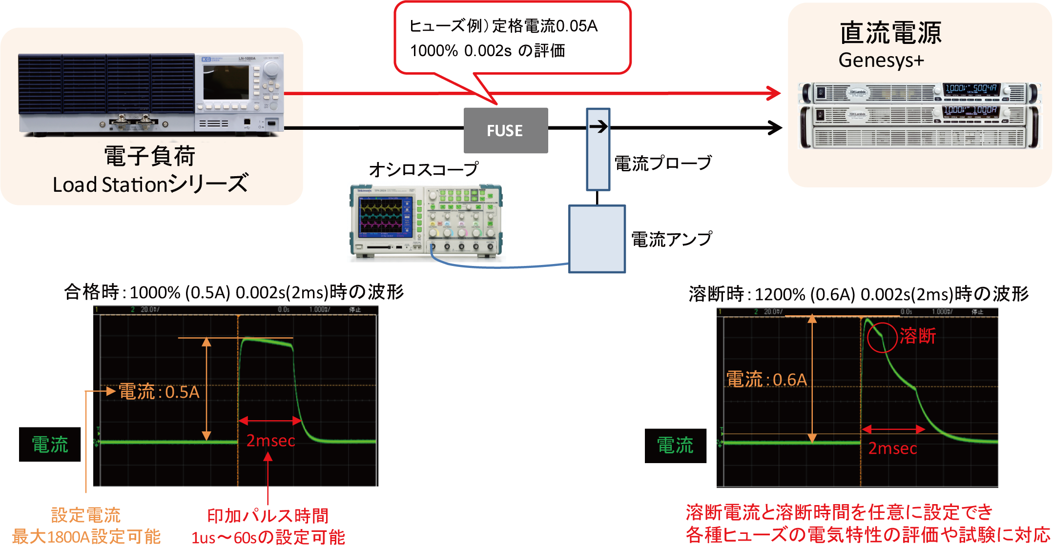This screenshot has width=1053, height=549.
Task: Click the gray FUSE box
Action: (x=505, y=131)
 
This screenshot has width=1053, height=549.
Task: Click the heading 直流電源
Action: (x=890, y=33)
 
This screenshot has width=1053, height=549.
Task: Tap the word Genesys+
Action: (x=881, y=61)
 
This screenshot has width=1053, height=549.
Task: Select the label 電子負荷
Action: (x=149, y=156)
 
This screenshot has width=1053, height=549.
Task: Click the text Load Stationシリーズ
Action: (x=150, y=184)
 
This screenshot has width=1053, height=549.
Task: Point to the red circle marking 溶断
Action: (x=882, y=337)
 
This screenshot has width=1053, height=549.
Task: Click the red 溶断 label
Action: (x=918, y=336)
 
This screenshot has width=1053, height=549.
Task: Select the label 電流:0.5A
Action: (x=159, y=392)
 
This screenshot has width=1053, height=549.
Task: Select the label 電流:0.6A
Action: (x=766, y=380)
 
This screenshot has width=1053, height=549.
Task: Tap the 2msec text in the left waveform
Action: (x=270, y=441)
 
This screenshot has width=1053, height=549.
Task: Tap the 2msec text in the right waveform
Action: (x=892, y=448)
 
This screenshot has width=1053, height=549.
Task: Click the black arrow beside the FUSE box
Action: (x=598, y=127)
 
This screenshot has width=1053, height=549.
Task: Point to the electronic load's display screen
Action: (x=226, y=82)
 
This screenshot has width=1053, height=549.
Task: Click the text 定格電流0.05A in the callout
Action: (x=545, y=26)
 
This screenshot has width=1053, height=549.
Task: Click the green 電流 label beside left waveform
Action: (x=50, y=445)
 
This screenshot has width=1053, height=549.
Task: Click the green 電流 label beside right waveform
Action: (x=675, y=445)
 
